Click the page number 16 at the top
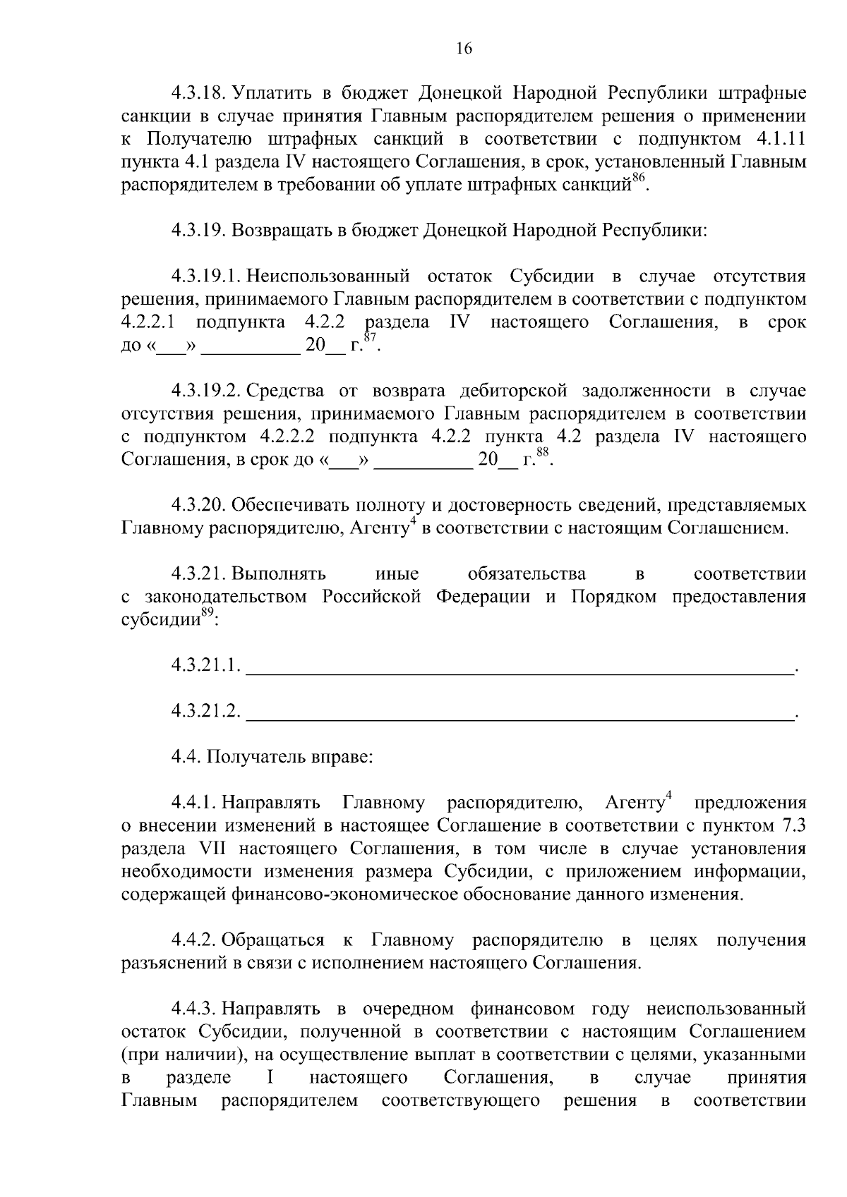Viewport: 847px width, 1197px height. [464, 49]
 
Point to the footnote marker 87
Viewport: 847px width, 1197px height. [371, 339]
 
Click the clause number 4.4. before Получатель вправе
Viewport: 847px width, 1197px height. [186, 758]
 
